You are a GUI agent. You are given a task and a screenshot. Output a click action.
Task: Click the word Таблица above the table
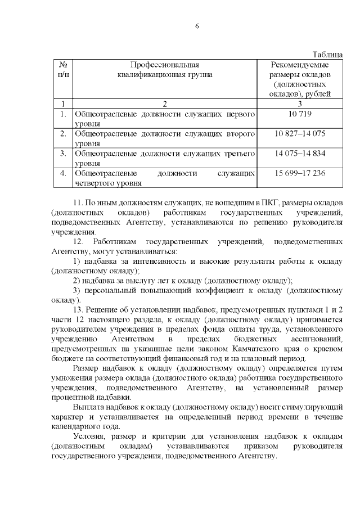[327, 55]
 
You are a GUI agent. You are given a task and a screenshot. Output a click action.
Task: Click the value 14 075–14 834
[300, 152]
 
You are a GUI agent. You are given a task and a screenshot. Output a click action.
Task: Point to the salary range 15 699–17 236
[300, 172]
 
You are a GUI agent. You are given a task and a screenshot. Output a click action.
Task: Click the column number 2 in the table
[165, 103]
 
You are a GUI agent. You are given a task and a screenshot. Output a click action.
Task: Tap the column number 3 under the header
[300, 103]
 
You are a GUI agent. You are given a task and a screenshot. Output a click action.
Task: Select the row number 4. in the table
[63, 172]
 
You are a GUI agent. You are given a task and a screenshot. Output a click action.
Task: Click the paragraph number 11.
[78, 202]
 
